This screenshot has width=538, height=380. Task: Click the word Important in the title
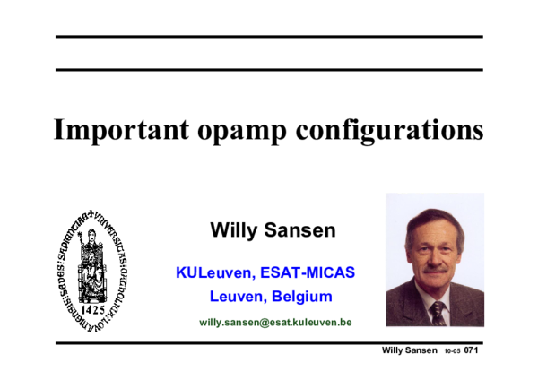[122, 130]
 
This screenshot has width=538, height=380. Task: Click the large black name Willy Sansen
[273, 230]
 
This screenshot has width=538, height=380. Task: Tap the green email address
[275, 321]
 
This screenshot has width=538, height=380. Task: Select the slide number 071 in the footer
[471, 350]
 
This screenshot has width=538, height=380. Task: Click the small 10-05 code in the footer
[451, 350]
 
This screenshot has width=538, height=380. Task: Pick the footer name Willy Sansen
[410, 350]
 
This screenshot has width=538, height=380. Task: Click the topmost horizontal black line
[269, 37]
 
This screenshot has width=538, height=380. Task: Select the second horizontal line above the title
[269, 69]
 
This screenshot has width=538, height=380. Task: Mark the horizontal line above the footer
[269, 342]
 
